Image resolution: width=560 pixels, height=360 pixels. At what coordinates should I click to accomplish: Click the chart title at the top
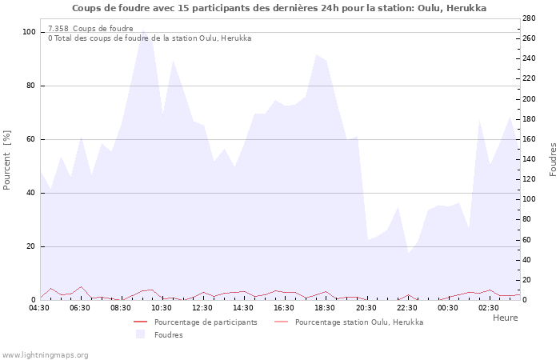[278, 8]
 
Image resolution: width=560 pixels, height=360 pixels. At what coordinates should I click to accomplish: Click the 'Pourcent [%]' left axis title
[7, 160]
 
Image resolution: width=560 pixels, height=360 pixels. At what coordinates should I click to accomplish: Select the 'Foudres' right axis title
[553, 160]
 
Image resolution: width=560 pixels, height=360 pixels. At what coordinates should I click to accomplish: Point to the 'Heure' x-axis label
[505, 318]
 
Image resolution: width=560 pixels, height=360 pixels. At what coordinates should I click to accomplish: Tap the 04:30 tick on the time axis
[39, 307]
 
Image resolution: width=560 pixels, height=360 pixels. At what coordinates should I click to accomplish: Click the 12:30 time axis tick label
[202, 307]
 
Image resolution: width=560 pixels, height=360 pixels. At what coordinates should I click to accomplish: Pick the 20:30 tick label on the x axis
[366, 307]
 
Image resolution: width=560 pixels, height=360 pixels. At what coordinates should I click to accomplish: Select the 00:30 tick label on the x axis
[447, 307]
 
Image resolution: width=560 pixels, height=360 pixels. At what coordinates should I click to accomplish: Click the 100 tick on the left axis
[29, 32]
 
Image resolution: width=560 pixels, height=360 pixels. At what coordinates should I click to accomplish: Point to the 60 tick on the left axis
[31, 139]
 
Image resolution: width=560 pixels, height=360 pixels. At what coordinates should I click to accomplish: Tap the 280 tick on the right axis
[530, 18]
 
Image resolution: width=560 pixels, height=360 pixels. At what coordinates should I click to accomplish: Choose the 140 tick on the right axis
[530, 159]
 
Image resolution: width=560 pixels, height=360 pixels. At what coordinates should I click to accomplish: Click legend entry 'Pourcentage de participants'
[206, 322]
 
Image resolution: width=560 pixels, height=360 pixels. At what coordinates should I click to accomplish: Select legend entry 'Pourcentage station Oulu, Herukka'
[359, 322]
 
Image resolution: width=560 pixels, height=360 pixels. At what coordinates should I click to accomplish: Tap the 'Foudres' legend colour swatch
[141, 334]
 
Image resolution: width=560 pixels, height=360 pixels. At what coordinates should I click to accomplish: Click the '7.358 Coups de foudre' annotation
[90, 28]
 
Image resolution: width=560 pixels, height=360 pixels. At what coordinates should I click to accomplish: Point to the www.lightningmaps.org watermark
[45, 354]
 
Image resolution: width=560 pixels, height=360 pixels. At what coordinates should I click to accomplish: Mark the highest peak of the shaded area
[142, 30]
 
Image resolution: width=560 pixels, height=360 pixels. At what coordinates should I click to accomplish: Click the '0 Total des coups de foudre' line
[150, 38]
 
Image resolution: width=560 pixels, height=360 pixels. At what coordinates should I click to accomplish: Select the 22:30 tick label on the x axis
[406, 307]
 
